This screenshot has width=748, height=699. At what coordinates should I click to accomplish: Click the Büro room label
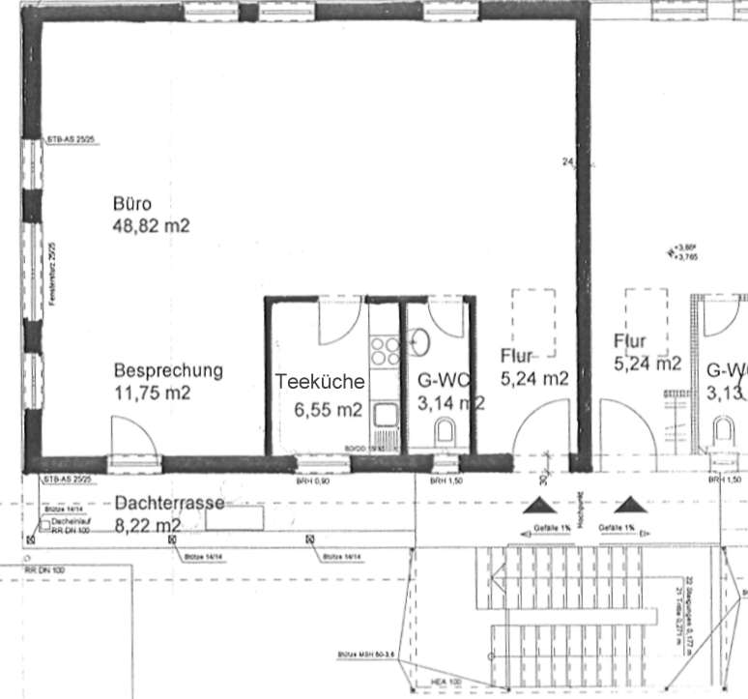click(131, 205)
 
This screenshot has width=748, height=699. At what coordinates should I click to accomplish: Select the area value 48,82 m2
click(151, 227)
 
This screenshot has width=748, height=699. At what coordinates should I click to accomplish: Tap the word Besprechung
click(168, 370)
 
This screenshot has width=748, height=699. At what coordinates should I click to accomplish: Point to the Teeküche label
click(319, 382)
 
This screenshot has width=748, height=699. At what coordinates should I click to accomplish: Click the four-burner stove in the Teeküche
click(385, 349)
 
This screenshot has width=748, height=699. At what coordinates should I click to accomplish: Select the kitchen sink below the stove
click(385, 417)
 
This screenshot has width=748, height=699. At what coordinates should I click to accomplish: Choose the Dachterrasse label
click(169, 504)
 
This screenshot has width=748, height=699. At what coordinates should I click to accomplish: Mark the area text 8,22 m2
click(147, 526)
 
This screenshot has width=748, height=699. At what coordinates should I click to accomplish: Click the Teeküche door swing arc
click(340, 324)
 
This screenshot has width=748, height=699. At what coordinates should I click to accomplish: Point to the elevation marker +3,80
click(684, 248)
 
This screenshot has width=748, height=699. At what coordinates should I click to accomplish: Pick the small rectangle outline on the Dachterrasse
click(234, 517)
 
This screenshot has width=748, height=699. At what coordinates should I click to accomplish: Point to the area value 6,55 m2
click(329, 410)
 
